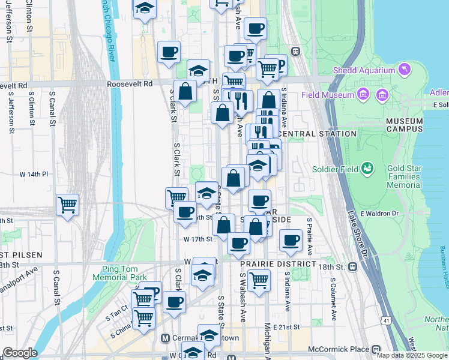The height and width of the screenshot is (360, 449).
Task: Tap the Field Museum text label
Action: [x=328, y=95]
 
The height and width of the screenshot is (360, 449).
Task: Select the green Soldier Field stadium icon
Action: [x=366, y=169]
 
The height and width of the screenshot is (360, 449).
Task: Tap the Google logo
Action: [x=19, y=352]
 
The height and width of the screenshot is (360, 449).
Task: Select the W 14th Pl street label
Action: [x=34, y=174]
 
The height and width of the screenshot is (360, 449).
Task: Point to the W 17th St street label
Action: [x=198, y=239]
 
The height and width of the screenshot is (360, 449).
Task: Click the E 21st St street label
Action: [x=286, y=327]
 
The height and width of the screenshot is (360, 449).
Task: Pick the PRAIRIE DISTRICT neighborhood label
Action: [x=278, y=264]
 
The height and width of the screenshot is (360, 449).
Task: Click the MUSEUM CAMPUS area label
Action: [x=404, y=125]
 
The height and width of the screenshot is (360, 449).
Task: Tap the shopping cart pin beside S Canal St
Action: [x=67, y=204]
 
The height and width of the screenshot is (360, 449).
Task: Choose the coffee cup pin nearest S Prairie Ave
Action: [x=291, y=240]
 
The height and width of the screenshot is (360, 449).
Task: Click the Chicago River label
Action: [x=108, y=30]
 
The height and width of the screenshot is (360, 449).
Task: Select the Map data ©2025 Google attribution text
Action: [x=412, y=355]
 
